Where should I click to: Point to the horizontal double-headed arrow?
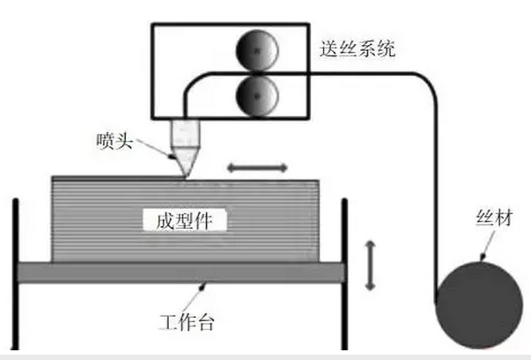(x=257, y=166)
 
